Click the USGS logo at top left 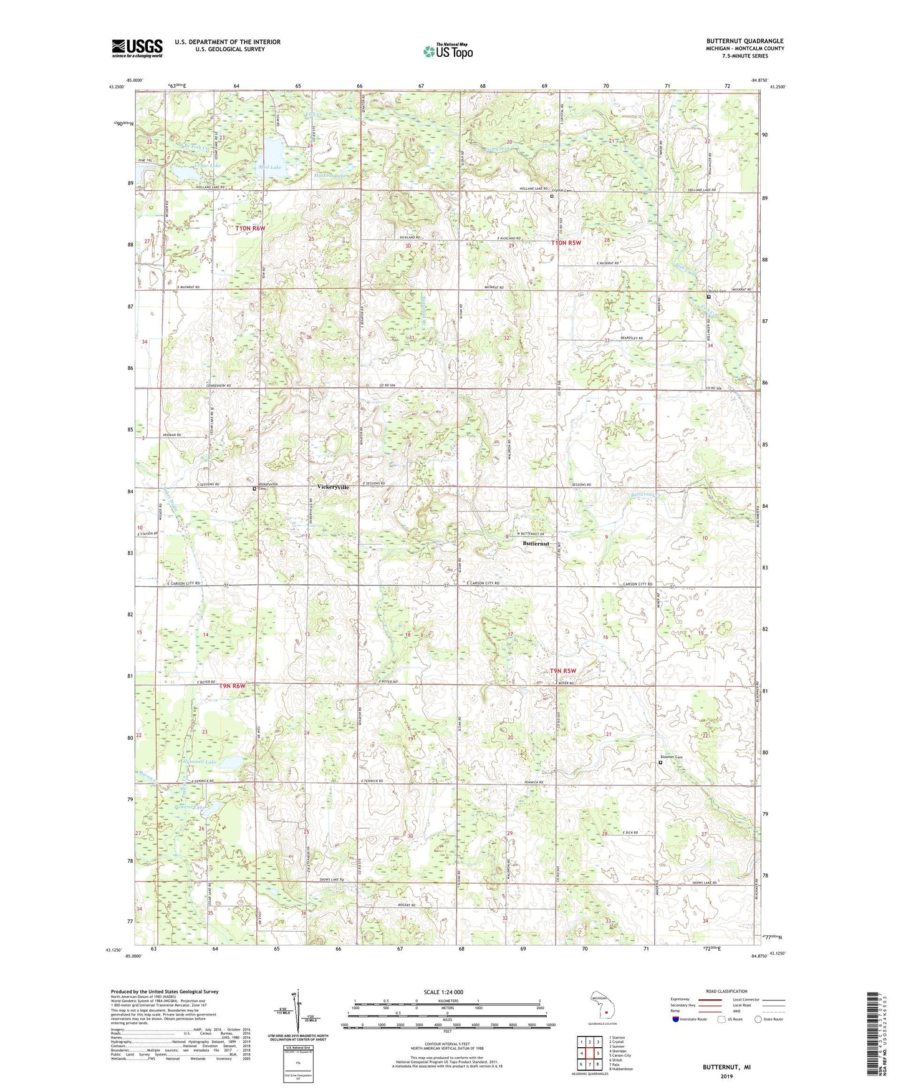coord(137,48)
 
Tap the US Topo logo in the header coord(448,51)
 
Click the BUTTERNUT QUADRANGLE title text coord(745,41)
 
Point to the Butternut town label coord(536,543)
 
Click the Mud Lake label coord(270,167)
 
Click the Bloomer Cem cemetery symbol coord(661,762)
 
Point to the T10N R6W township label coord(250,229)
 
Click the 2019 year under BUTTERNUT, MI coord(726,1077)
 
